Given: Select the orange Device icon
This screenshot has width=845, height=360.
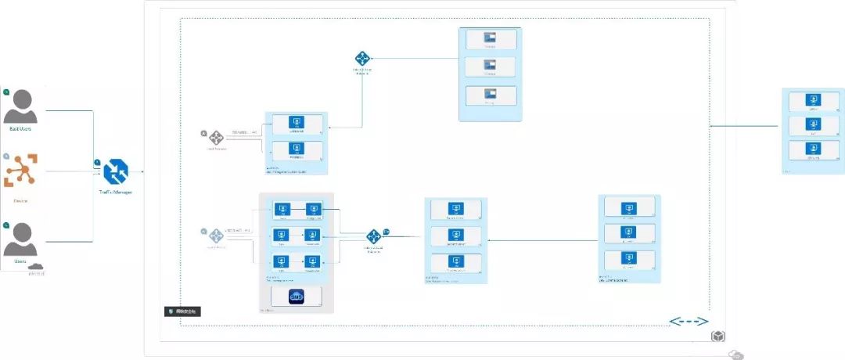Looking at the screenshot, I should [x=20, y=171].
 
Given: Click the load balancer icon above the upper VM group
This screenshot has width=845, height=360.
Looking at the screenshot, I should [x=362, y=59].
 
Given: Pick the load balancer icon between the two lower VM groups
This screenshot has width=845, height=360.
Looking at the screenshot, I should [x=374, y=236].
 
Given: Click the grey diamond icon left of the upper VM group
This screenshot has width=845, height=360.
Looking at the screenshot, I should [x=218, y=137].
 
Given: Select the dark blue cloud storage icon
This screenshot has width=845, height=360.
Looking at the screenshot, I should [x=296, y=297].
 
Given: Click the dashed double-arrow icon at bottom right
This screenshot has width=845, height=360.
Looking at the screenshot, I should [x=689, y=322].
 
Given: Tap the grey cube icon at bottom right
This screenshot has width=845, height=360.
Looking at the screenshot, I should [x=717, y=336].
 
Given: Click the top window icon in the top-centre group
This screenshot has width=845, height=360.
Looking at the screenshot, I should [x=490, y=38].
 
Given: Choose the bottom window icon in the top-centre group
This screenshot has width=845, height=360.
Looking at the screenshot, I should [x=490, y=93].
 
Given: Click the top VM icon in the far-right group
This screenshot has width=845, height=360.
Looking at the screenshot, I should [x=814, y=100].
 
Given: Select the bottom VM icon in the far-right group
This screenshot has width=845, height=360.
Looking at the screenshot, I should [x=814, y=148].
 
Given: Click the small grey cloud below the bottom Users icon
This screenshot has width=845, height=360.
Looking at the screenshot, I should [x=36, y=267].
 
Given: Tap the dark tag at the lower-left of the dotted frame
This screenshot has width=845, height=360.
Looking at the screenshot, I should [x=185, y=311].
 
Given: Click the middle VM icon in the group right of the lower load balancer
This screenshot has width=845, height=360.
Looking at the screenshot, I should [x=456, y=235].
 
